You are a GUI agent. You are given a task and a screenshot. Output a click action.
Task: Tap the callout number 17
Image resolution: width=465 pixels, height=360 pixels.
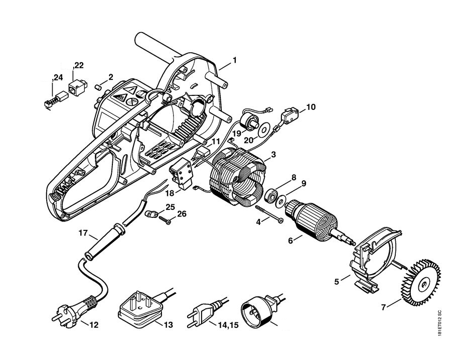coord(83,233)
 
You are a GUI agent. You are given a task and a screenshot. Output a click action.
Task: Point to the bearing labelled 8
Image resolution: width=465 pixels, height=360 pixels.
coord(270,195)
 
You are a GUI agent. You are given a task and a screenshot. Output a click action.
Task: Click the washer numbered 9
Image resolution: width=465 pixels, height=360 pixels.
coord(280,201)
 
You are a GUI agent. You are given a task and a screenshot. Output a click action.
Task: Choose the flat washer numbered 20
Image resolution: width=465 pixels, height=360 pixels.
coord(263,130)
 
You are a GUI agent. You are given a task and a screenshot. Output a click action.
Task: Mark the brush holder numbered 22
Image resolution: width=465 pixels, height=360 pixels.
coord(77,87)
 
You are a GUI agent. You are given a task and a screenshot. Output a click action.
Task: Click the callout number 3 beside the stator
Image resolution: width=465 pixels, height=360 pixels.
coord(273,154)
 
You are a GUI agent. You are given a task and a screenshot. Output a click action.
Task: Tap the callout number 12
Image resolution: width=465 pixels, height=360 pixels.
coord(94,325)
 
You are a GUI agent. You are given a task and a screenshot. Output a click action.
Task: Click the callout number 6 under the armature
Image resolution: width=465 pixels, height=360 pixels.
coord(290,240)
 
